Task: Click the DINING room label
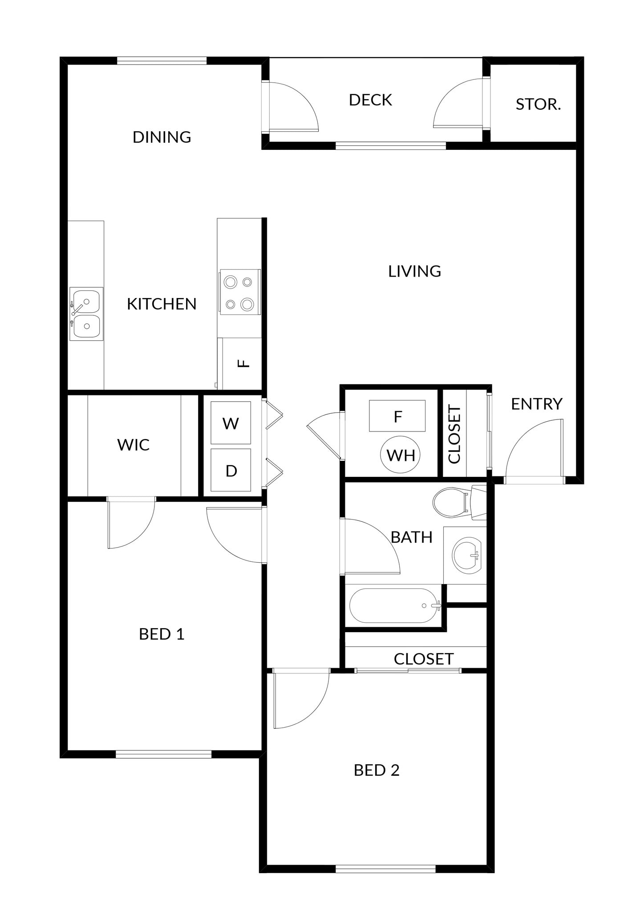[x=162, y=137]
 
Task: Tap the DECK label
[x=370, y=100]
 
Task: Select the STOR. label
[x=538, y=105]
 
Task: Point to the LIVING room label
[x=414, y=271]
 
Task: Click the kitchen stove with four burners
[x=239, y=293]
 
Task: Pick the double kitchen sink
[x=86, y=314]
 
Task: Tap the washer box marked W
[x=231, y=423]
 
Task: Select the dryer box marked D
[x=231, y=470]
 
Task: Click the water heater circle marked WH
[x=401, y=455]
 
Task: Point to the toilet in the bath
[x=454, y=503]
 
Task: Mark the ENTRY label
[x=536, y=404]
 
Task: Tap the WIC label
[x=134, y=445]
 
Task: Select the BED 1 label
[x=162, y=634]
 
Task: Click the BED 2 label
[x=377, y=770]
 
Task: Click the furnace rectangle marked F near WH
[x=397, y=416]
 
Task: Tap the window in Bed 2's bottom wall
[x=385, y=869]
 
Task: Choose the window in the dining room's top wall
[x=162, y=60]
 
